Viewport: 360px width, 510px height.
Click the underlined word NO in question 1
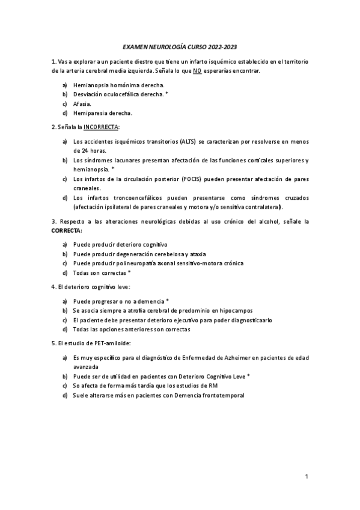[x=197, y=71]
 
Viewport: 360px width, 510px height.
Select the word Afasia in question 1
[x=82, y=103]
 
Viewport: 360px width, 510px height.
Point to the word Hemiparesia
[x=90, y=112]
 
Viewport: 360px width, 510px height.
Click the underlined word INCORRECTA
[x=101, y=127]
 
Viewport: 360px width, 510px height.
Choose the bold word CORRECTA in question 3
[x=66, y=230]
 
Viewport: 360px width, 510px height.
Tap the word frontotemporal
[x=221, y=395]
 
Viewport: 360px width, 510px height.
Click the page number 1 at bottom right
[x=307, y=477]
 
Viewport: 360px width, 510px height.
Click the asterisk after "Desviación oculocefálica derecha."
[x=166, y=94]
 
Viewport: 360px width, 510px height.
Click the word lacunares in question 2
[x=124, y=161]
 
